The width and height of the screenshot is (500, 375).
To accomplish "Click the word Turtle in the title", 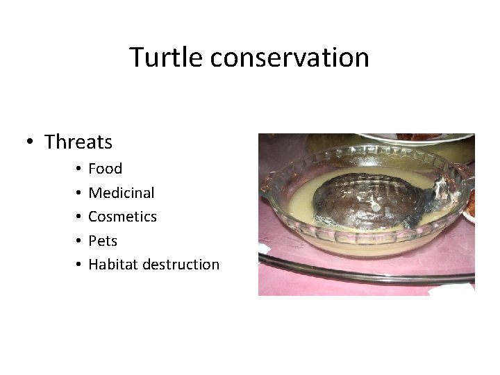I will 166,57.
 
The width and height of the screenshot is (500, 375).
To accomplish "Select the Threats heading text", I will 78,142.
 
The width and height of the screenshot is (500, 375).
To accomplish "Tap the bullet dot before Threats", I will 31,142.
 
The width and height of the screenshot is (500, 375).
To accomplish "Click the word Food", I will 106,169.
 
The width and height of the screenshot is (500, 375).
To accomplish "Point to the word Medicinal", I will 122,192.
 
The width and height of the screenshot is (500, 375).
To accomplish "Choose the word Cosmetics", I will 123,217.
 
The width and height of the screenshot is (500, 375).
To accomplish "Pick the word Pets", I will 103,240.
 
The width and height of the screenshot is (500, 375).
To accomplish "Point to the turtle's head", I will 439,191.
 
